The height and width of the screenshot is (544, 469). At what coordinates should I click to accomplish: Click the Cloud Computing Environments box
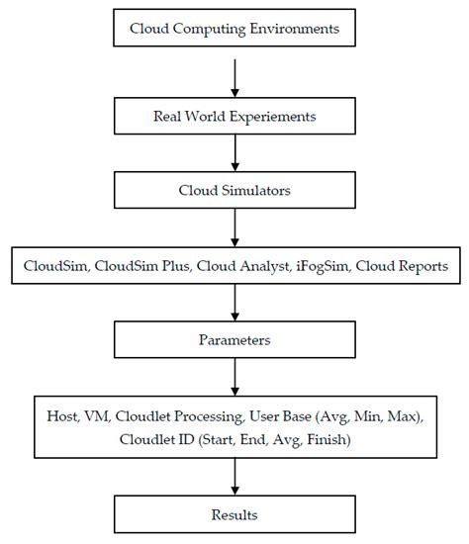[234, 29]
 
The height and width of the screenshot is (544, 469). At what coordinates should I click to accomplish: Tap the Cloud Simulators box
[234, 188]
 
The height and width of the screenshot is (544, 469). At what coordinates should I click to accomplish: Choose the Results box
[234, 515]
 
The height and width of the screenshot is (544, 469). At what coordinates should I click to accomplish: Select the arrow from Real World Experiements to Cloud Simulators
[234, 151]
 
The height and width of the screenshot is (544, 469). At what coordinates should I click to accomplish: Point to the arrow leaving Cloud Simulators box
[234, 225]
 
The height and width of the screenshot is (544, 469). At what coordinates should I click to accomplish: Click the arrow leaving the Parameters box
[234, 375]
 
